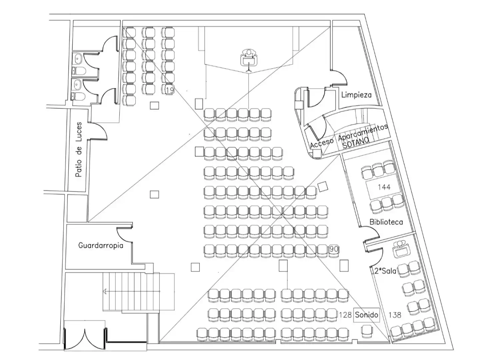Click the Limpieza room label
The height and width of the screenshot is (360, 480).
pyautogui.click(x=356, y=95)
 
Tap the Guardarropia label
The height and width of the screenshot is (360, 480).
pyautogui.click(x=101, y=245)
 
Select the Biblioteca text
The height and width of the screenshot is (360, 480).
pyautogui.click(x=386, y=222)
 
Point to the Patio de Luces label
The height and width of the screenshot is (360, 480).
pyautogui.click(x=79, y=150)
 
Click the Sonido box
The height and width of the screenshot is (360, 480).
pyautogui.click(x=367, y=315)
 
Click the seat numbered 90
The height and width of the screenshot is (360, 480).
pyautogui.click(x=334, y=249)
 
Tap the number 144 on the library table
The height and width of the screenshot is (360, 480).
pyautogui.click(x=384, y=187)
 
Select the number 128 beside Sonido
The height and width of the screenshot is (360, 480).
pyautogui.click(x=345, y=315)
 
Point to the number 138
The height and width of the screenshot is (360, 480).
pyautogui.click(x=395, y=315)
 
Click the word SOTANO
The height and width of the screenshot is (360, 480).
pyautogui.click(x=355, y=143)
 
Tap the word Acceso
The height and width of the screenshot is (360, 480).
pyautogui.click(x=322, y=143)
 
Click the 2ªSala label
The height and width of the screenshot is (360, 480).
pyautogui.click(x=385, y=271)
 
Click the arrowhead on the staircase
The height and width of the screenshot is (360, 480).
pyautogui.click(x=105, y=291)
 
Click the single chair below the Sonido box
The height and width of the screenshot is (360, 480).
pyautogui.click(x=367, y=332)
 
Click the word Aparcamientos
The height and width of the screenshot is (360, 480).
pyautogui.click(x=363, y=132)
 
